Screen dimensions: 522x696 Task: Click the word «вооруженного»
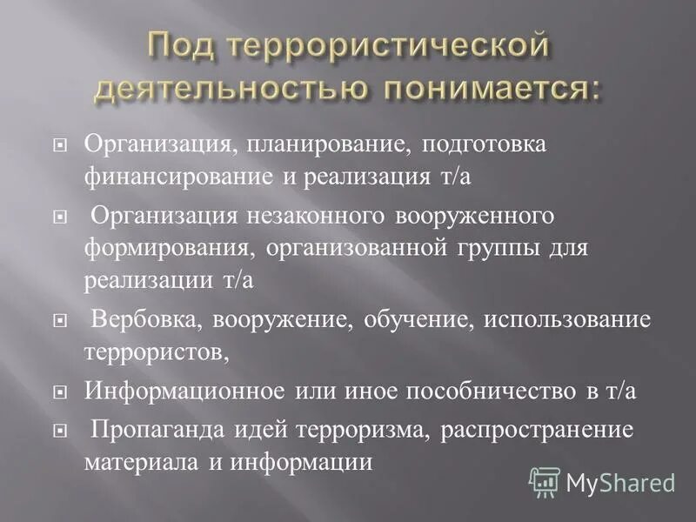coord(465,215)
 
